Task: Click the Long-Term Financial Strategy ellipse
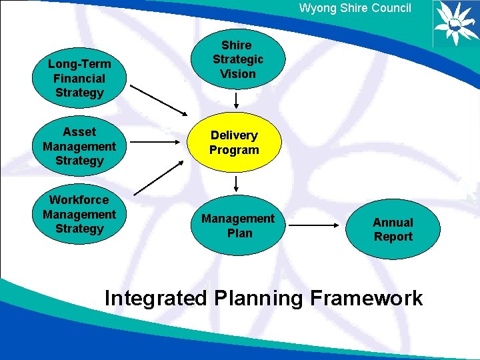point(79,79)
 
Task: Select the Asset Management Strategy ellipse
point(79,146)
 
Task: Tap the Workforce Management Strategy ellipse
point(79,214)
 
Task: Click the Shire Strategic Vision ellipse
point(238,59)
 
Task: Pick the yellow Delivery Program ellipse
point(234,143)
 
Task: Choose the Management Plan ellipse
point(238,226)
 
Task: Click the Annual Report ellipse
point(393,229)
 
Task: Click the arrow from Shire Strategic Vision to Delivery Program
point(237,100)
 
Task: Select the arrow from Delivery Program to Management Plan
point(237,184)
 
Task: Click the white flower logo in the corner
point(455,23)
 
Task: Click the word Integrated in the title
point(156,298)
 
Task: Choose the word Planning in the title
point(259,298)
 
